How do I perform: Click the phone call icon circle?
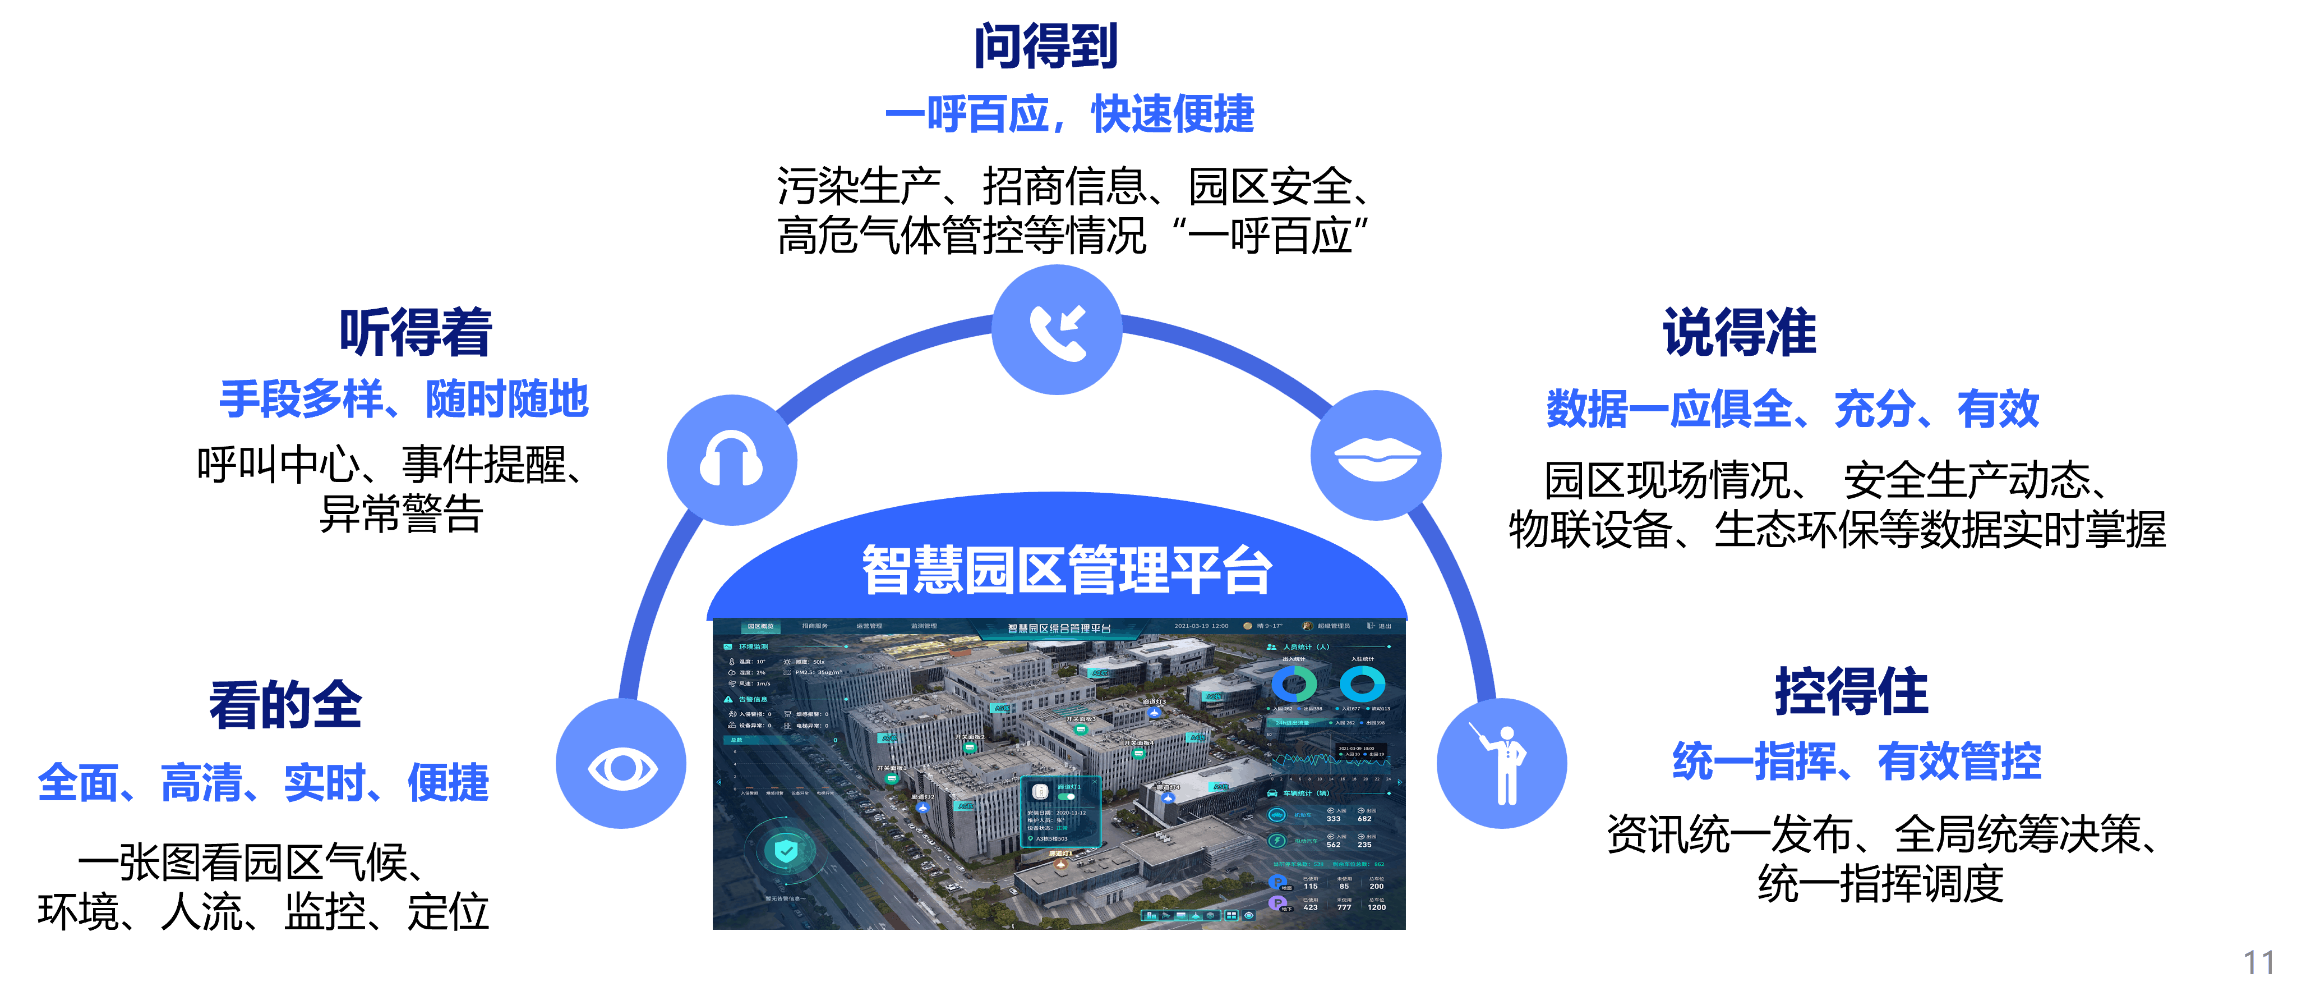pos(1057,330)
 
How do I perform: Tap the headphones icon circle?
pos(731,460)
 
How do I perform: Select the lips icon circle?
pos(1376,456)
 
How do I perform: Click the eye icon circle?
pos(621,764)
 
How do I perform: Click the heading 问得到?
pos(1046,47)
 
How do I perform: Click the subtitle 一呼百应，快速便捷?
pos(1069,114)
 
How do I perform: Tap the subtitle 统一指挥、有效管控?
pos(1857,761)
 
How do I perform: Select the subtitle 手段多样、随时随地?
pos(404,399)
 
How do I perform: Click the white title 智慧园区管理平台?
pos(1067,570)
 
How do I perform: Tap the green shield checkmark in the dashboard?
pos(785,850)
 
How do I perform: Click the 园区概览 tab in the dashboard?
pos(760,626)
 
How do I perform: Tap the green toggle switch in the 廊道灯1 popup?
pos(1067,797)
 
